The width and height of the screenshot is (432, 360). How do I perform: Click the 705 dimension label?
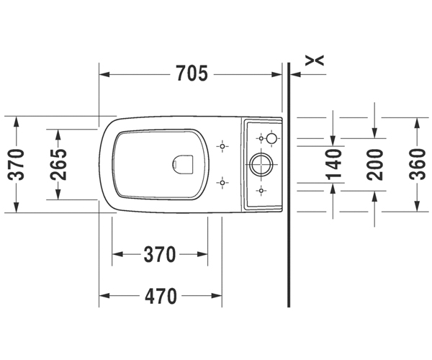[192, 73]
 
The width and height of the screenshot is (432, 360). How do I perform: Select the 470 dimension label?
[161, 296]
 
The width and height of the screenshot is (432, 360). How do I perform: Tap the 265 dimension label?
[58, 164]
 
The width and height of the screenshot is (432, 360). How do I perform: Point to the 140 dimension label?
[334, 165]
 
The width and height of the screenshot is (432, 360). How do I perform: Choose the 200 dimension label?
[374, 165]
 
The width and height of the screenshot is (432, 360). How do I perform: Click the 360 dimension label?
[418, 165]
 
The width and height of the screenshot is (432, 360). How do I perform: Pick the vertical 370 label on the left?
[16, 164]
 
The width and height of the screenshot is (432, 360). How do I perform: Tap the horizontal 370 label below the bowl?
[160, 254]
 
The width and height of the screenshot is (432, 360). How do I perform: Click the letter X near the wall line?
[315, 60]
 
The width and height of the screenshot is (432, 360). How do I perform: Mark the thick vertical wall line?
[289, 184]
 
